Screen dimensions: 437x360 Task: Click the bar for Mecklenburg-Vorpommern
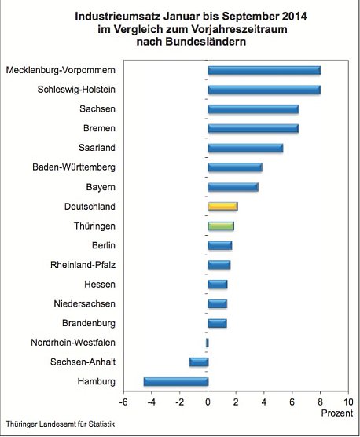click(x=264, y=70)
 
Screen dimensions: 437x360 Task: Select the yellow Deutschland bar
click(x=222, y=206)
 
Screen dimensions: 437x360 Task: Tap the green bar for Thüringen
click(x=221, y=226)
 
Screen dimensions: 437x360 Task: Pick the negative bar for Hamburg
click(x=176, y=382)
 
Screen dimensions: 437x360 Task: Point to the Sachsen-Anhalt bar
click(x=199, y=362)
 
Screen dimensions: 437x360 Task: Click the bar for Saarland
click(x=245, y=148)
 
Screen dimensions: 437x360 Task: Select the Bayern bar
click(x=233, y=187)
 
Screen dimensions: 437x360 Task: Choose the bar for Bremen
click(x=253, y=128)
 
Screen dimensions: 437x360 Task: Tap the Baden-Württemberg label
click(x=74, y=167)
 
